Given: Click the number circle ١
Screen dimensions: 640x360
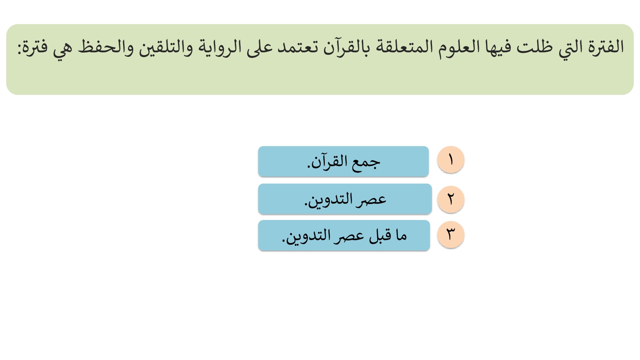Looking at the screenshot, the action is click(450, 160).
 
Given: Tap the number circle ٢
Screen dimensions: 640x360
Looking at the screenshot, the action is click(450, 199).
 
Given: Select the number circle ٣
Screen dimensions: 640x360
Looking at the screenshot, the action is click(450, 234).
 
